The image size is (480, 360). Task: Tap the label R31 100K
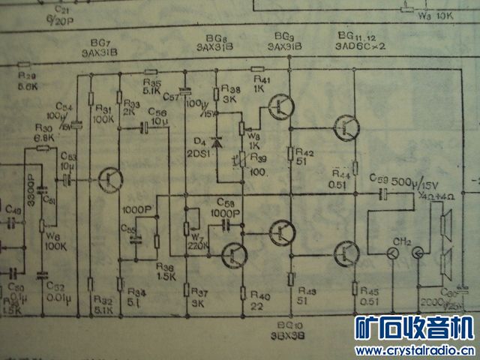[103, 114]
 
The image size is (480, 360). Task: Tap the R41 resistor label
[262, 84]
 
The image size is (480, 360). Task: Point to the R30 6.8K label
[42, 133]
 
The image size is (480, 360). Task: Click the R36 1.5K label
[166, 271]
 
